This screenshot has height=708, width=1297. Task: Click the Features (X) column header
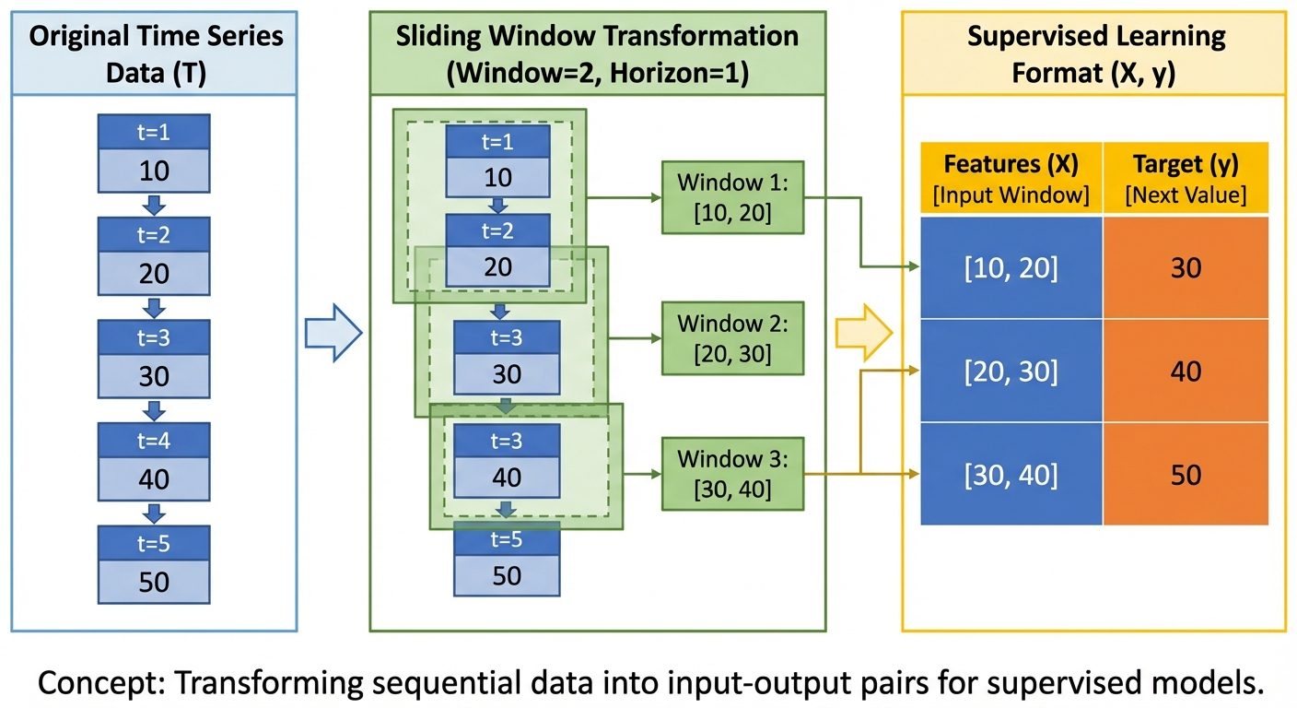(1011, 178)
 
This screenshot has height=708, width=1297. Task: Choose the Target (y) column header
(1186, 178)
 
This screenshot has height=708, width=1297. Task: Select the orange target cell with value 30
(1186, 268)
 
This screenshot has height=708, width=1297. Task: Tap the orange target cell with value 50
(1186, 474)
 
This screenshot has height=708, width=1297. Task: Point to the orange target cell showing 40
(1186, 372)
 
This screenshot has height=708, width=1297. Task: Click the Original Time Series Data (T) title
(155, 53)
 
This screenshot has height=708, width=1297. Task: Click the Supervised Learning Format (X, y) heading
(1095, 53)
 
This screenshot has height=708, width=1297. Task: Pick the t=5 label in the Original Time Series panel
(155, 543)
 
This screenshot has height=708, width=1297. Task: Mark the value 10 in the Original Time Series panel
(155, 171)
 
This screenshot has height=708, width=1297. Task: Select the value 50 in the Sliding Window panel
(507, 575)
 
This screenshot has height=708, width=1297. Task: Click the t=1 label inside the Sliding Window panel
(497, 143)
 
